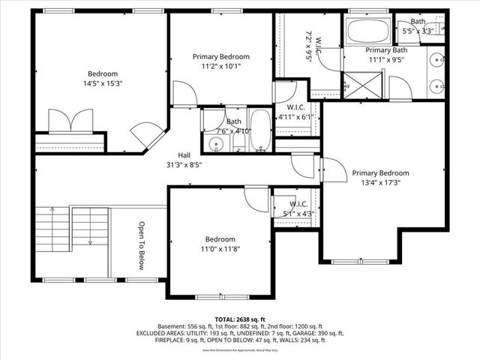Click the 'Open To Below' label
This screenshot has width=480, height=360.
point(141,245)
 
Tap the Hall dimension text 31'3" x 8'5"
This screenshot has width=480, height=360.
point(184,165)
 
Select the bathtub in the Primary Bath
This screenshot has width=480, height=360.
point(367,32)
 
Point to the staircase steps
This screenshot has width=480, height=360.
point(52,229)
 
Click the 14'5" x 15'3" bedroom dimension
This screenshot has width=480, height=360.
point(102,84)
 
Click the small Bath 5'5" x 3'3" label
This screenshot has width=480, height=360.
point(418,31)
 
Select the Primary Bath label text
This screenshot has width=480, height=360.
point(385,49)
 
